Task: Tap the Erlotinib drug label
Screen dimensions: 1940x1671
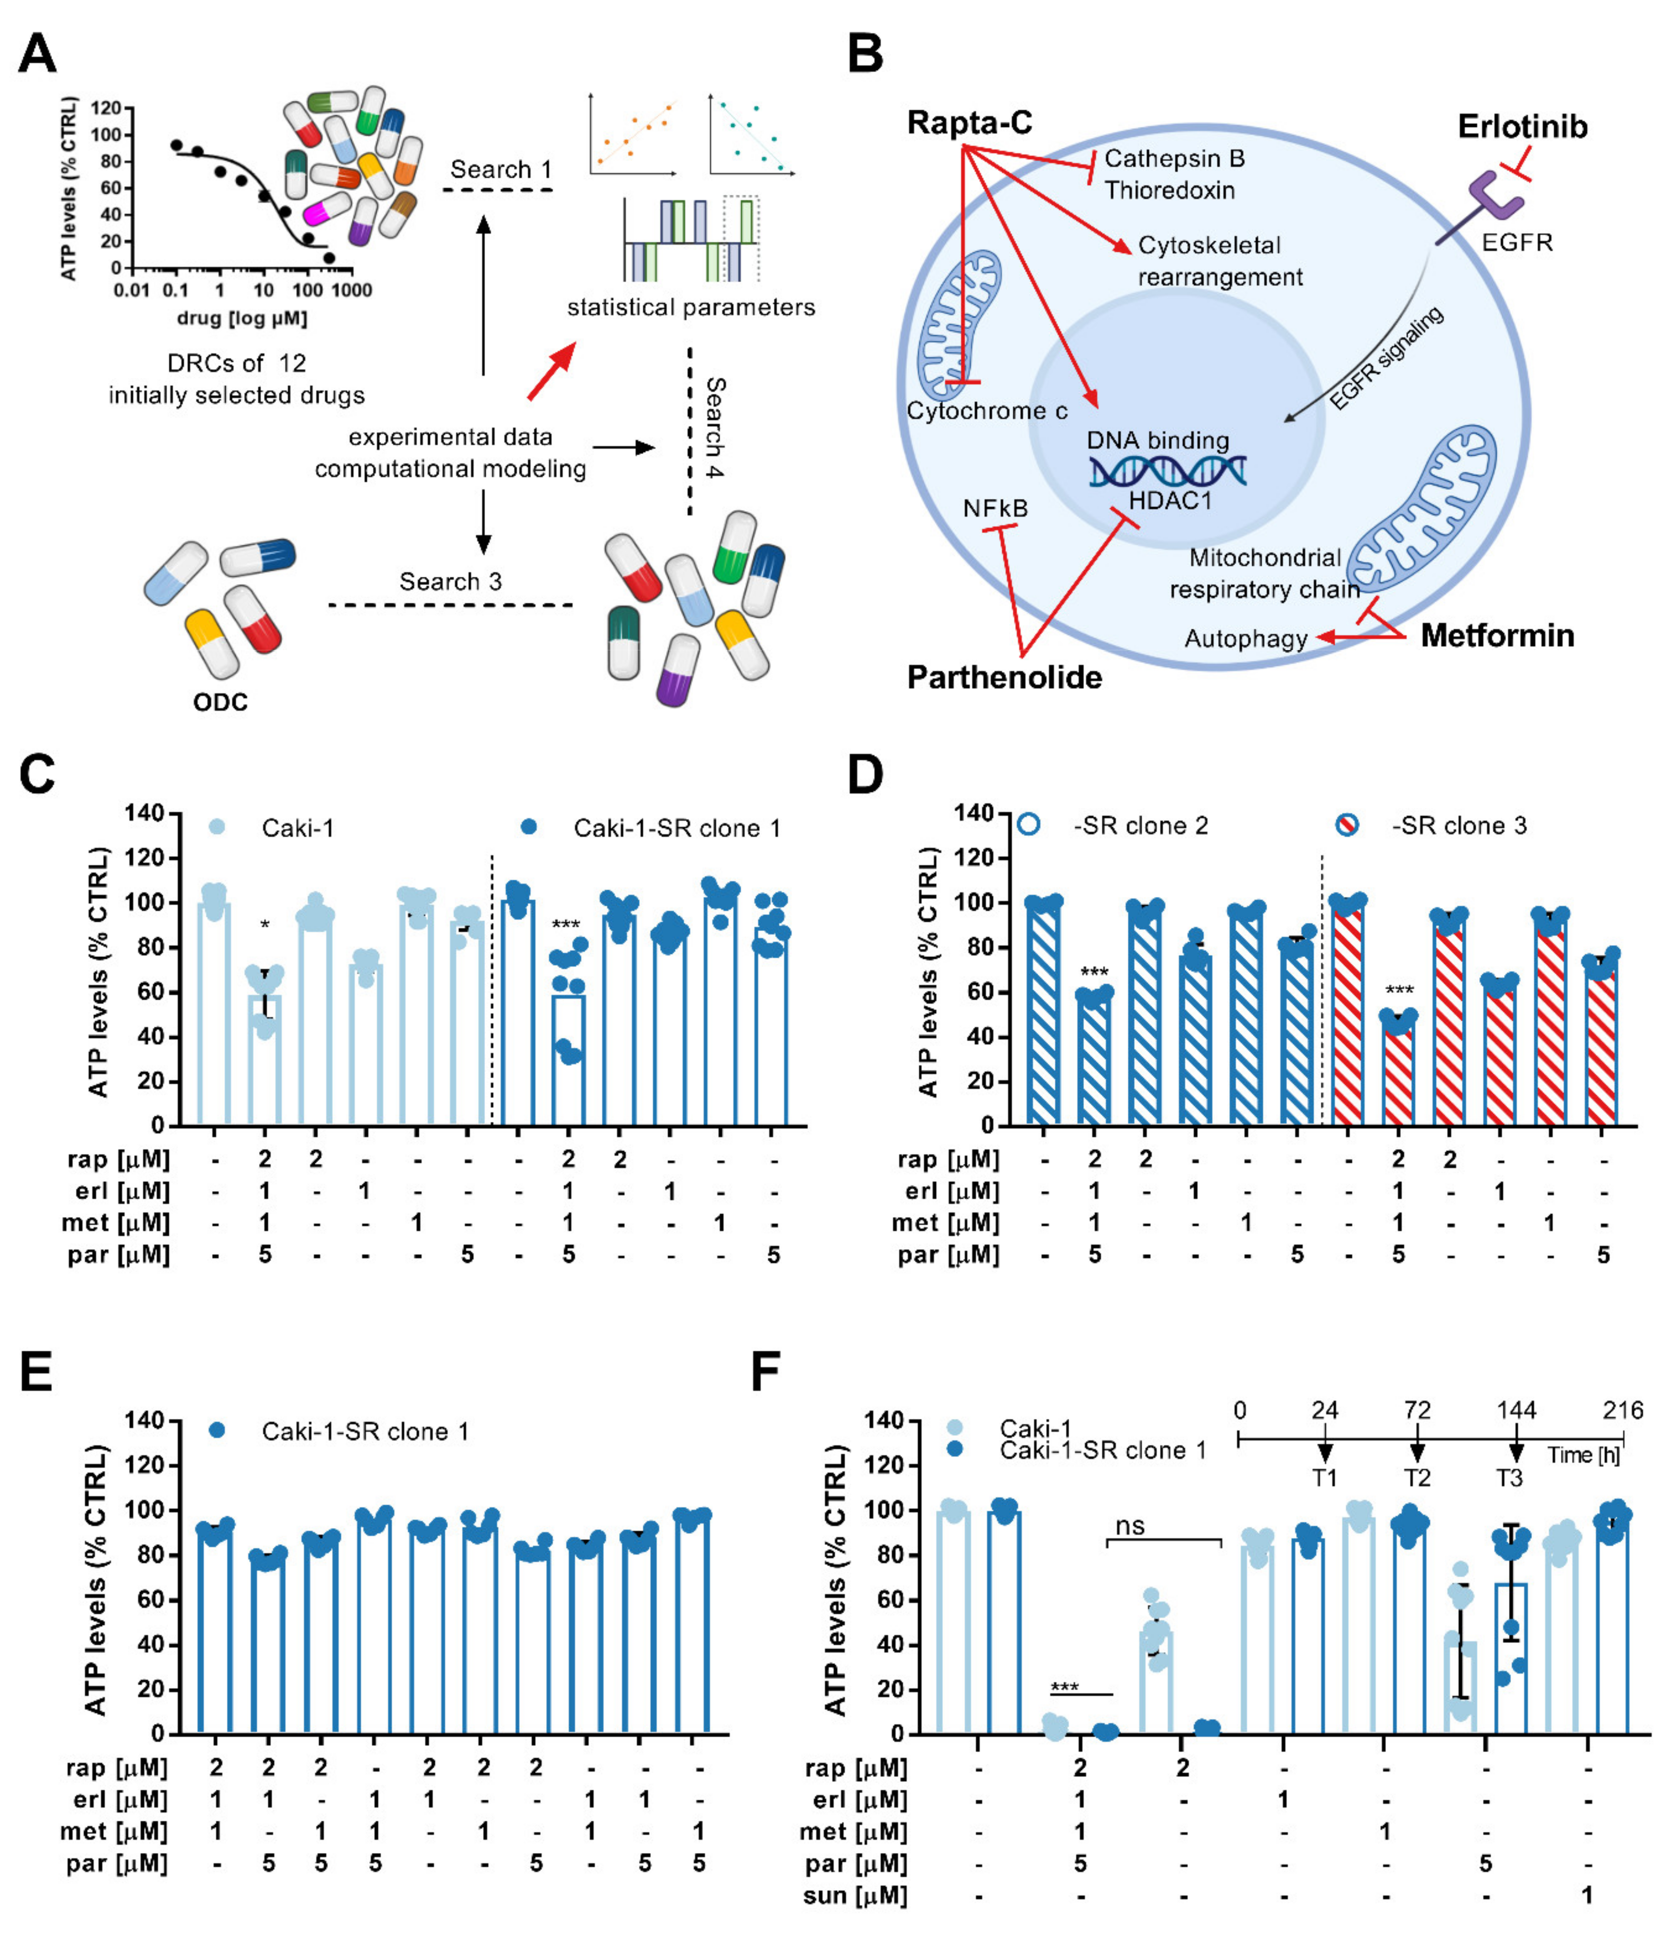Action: [x=1522, y=126]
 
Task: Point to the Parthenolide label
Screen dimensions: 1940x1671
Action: [x=1004, y=677]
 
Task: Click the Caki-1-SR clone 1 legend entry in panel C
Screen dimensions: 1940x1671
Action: [x=676, y=828]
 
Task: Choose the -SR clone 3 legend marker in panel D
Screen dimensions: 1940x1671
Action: [x=1346, y=825]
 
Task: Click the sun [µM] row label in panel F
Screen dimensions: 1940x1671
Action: [x=855, y=1896]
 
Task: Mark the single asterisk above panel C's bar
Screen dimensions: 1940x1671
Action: [x=265, y=926]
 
